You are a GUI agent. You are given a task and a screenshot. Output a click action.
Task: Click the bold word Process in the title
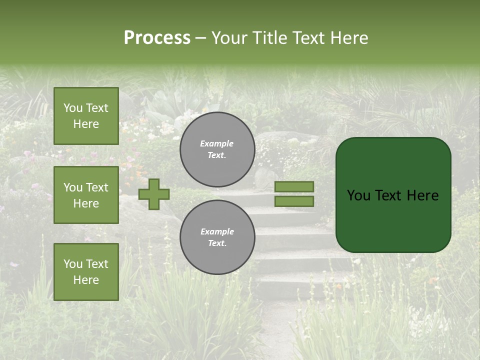coord(157,38)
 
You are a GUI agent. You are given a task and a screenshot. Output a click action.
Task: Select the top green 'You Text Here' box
coord(86,116)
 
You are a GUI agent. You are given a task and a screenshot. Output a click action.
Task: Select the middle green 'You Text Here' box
coord(86,195)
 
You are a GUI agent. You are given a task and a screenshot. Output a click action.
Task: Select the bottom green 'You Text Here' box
coord(86,271)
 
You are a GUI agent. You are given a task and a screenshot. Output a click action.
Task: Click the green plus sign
coord(154,194)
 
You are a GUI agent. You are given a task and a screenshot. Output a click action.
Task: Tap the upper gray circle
coord(217,149)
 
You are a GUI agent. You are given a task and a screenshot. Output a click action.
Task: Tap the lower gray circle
coord(217,237)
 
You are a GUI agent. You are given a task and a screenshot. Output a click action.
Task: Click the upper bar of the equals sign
coord(294,186)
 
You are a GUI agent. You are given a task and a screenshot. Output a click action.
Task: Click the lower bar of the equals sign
coord(294,201)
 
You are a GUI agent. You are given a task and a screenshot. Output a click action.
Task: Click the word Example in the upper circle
coord(217,143)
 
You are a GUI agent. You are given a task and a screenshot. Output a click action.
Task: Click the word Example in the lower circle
coord(217,231)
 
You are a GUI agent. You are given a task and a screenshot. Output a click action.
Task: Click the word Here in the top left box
coord(86,124)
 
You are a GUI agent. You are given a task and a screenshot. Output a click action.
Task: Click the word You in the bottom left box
coord(73,263)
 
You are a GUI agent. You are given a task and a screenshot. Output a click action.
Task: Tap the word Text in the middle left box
coord(96,187)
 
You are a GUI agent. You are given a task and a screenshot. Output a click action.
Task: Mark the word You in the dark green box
coord(359,195)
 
